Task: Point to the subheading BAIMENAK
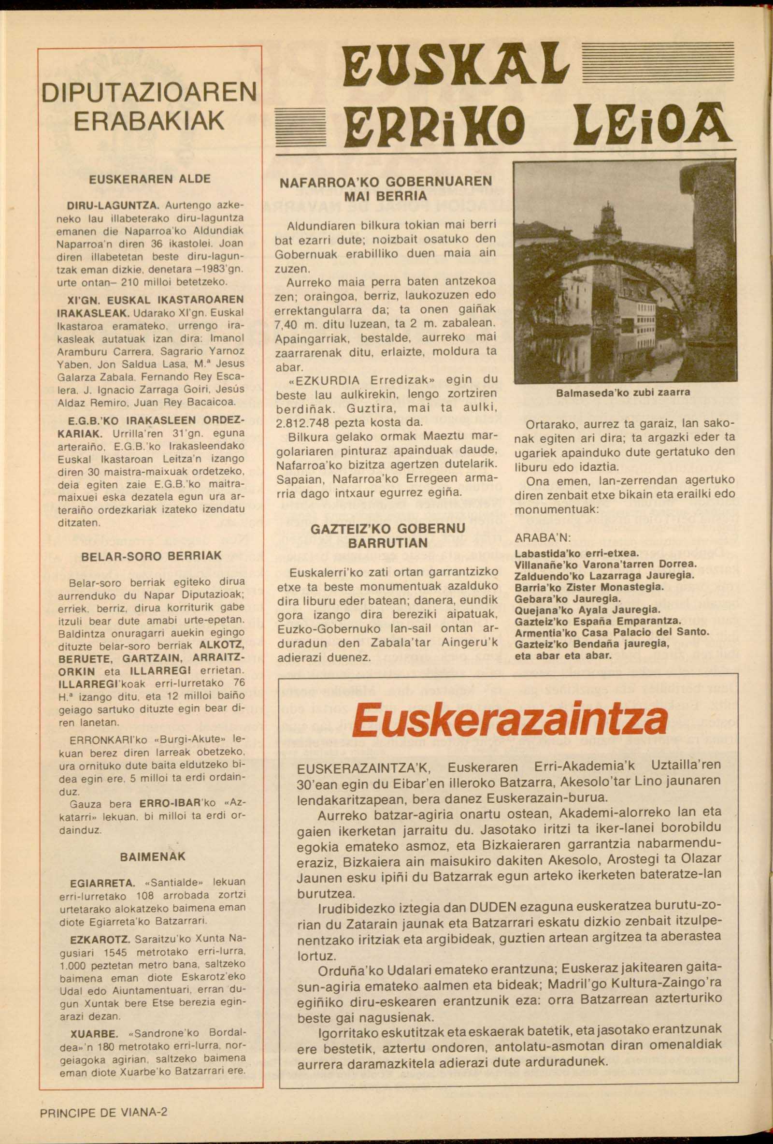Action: (x=153, y=856)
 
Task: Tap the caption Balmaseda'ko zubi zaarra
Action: (x=623, y=392)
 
